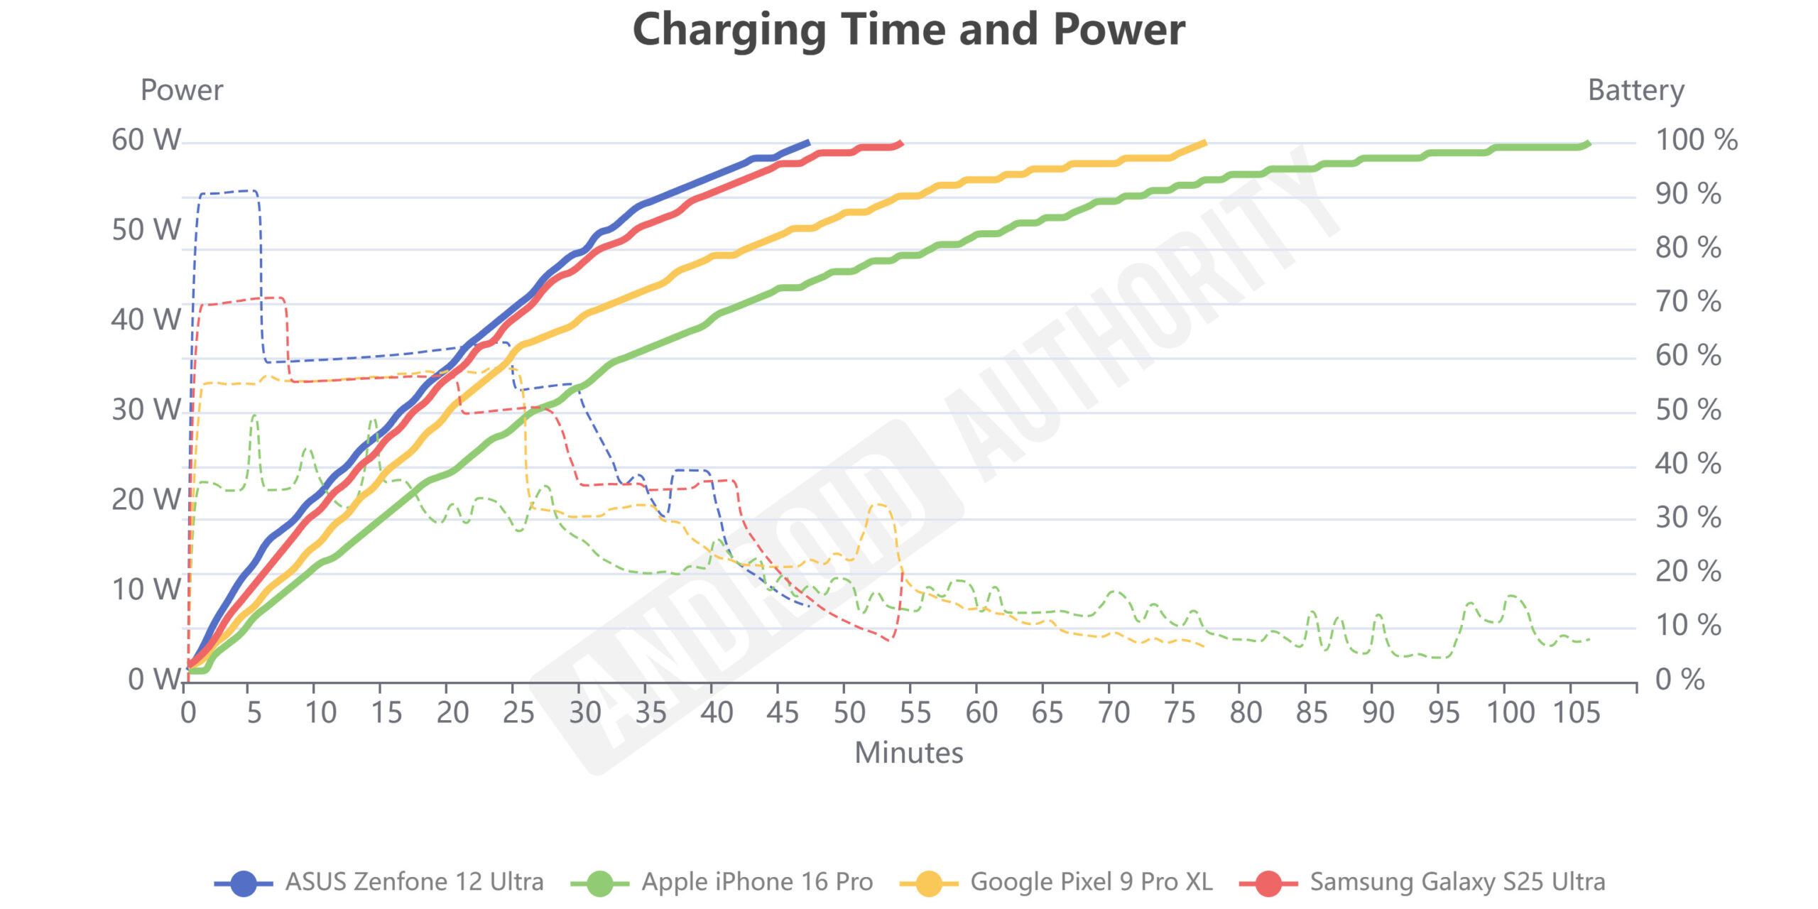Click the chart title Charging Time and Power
[x=908, y=30]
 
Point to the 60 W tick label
[x=146, y=140]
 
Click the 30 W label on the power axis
[x=146, y=410]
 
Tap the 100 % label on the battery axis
[x=1696, y=140]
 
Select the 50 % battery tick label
[x=1687, y=410]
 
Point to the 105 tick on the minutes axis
[x=1577, y=712]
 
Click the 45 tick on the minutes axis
[x=782, y=712]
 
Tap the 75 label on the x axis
[x=1180, y=712]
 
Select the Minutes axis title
[x=908, y=753]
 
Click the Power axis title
[x=182, y=90]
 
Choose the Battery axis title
[x=1635, y=90]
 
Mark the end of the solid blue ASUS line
[x=808, y=142]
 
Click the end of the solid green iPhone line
[x=1588, y=143]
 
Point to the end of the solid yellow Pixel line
[x=1205, y=143]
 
